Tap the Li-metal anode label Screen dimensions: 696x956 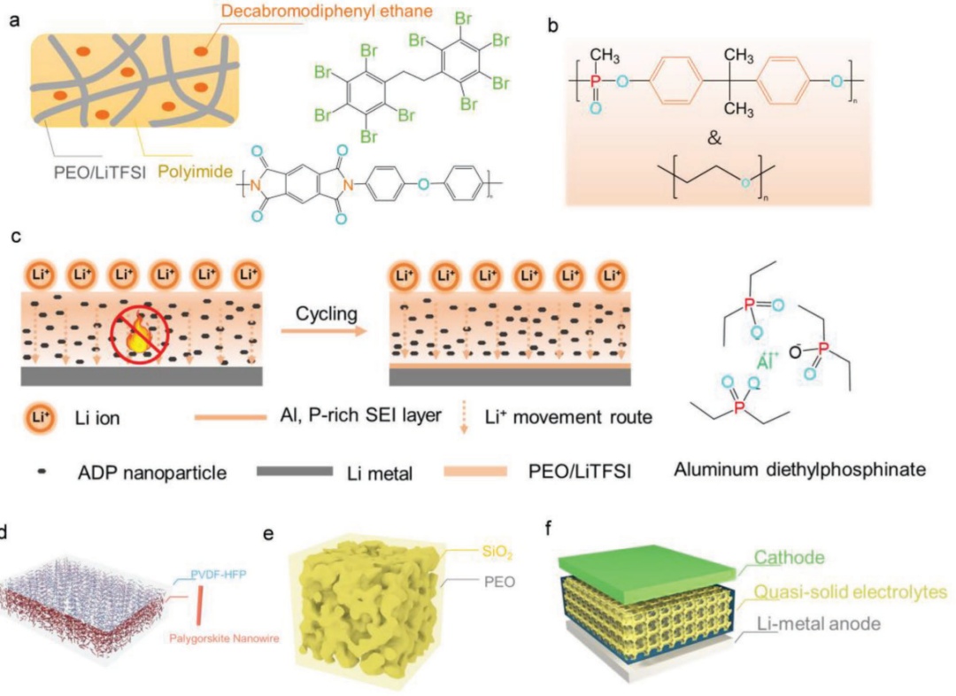[822, 624]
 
